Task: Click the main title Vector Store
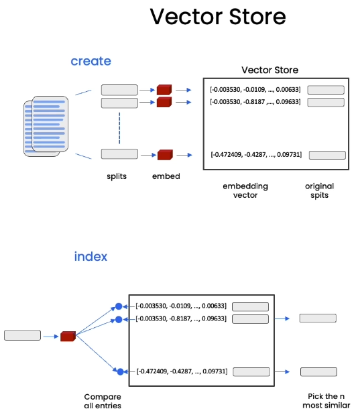pos(218,17)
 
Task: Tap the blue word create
pos(91,61)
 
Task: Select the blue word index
pos(91,256)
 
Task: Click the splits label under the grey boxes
pos(117,176)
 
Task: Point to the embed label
pos(166,176)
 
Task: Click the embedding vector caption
pos(245,190)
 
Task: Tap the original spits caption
pos(319,190)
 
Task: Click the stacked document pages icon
pos(46,126)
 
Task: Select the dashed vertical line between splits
pos(119,128)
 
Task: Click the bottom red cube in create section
pos(165,155)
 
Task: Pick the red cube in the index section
pos(68,336)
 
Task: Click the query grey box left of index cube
pos(22,335)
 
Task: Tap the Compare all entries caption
pos(103,401)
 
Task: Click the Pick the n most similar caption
pos(326,401)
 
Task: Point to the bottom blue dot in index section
pos(120,371)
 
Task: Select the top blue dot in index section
pos(119,306)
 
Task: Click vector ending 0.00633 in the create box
pos(255,89)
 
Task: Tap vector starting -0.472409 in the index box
pos(182,371)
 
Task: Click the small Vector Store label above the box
pos(269,70)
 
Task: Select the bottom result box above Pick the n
pos(318,372)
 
